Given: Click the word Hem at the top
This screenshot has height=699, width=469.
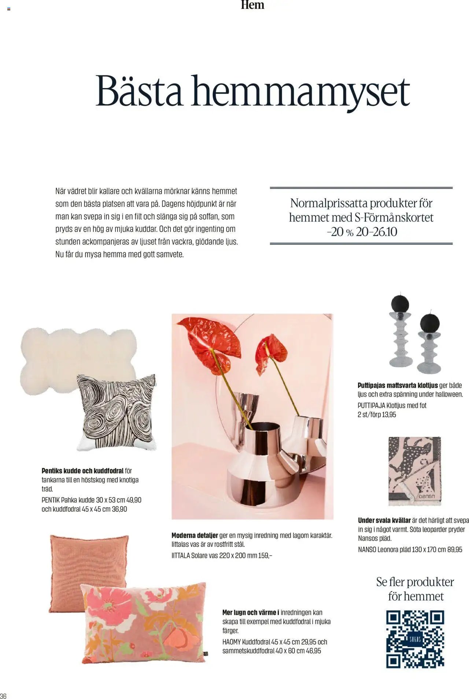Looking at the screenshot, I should tap(252, 5).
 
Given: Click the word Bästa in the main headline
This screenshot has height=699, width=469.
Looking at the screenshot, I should tap(139, 91).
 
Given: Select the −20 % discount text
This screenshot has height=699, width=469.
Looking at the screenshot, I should tap(340, 232).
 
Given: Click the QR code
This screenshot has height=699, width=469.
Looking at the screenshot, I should tap(415, 639).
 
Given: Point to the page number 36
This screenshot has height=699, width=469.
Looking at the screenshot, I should tap(3, 695).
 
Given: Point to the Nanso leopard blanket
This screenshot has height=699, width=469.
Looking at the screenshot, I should tap(415, 470).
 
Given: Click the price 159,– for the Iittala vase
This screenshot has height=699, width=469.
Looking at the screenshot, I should tap(265, 555).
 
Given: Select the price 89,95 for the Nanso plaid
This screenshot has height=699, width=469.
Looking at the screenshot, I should tap(455, 549).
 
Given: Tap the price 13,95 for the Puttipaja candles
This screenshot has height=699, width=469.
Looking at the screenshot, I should tap(389, 414).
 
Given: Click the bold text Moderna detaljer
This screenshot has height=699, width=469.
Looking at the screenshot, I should tap(195, 535).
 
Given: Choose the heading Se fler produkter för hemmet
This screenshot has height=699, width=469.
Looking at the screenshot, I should tap(415, 589).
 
